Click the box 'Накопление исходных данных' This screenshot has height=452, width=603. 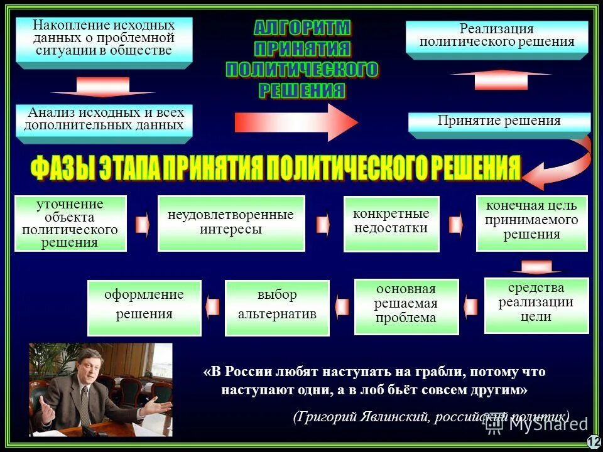pyautogui.click(x=104, y=38)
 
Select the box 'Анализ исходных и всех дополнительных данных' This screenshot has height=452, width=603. pyautogui.click(x=104, y=119)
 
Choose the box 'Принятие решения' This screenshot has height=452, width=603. pyautogui.click(x=499, y=122)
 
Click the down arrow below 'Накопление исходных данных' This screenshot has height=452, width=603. pyautogui.click(x=103, y=87)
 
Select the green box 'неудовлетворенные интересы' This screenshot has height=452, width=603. pyautogui.click(x=231, y=223)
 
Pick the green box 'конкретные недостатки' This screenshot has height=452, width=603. pyautogui.click(x=391, y=223)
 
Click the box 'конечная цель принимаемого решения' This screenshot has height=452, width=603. pyautogui.click(x=531, y=222)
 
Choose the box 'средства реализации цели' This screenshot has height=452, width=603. pyautogui.click(x=536, y=305)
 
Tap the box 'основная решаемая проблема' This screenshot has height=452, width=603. pyautogui.click(x=406, y=306)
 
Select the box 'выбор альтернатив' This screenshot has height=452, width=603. pyautogui.click(x=277, y=307)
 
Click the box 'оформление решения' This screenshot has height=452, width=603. pyautogui.click(x=144, y=307)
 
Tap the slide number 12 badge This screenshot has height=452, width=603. pyautogui.click(x=594, y=442)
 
